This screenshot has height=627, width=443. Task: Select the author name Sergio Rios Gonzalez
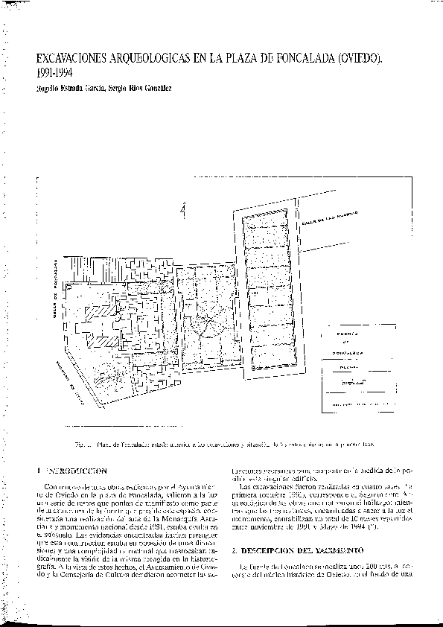pyautogui.click(x=140, y=89)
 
